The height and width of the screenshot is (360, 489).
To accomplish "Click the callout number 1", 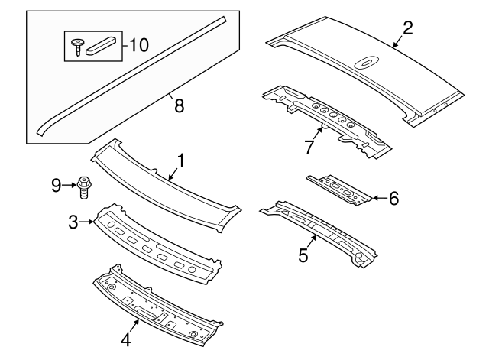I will click(180, 160).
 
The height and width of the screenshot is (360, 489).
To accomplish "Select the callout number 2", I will click(407, 28).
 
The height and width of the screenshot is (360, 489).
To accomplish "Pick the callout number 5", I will click(303, 255).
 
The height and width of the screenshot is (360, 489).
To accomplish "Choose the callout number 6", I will click(393, 198).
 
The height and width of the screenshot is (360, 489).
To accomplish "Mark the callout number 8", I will click(180, 106).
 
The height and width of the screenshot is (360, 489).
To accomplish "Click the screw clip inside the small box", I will click(79, 46).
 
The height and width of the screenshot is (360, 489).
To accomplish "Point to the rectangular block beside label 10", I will click(102, 45).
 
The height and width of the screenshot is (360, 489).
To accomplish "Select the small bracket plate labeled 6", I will click(341, 188).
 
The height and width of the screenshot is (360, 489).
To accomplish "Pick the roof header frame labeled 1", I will click(160, 180).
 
